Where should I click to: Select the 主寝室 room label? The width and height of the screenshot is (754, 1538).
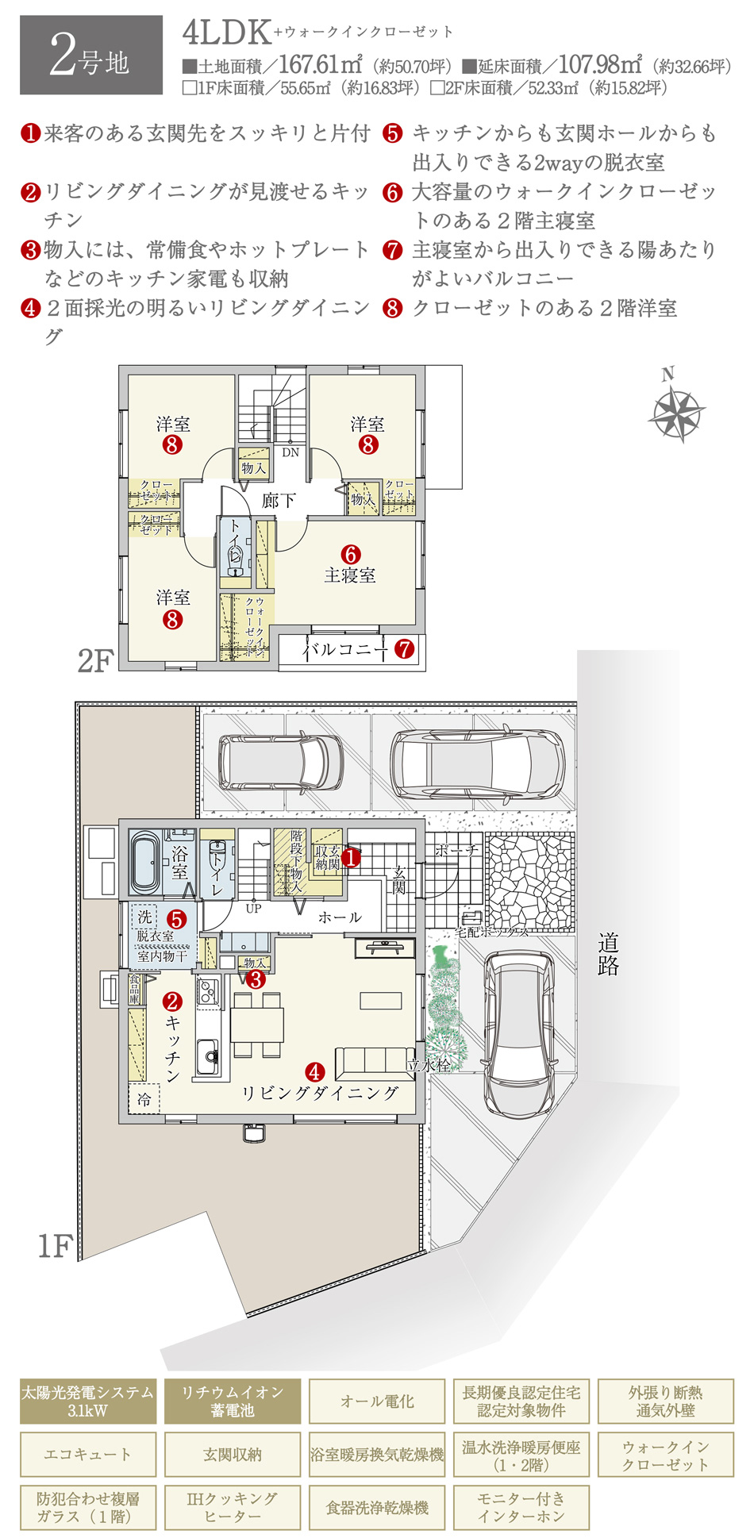[350, 575]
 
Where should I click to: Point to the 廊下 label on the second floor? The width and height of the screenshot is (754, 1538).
[279, 500]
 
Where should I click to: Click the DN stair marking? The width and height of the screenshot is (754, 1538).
[290, 452]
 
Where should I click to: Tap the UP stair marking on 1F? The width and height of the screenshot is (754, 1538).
[253, 909]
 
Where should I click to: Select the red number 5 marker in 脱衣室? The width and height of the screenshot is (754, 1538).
[176, 919]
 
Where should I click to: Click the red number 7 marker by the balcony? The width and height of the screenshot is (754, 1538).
[405, 649]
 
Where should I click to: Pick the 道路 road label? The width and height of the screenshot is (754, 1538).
[608, 954]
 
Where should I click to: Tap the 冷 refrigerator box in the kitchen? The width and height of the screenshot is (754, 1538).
[144, 1099]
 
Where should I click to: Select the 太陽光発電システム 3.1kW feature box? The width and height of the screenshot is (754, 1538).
[88, 1401]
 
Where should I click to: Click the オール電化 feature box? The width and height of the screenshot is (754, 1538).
[377, 1401]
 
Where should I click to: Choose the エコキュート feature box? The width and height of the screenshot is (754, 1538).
[88, 1454]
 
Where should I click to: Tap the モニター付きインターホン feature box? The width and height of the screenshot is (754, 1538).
[521, 1507]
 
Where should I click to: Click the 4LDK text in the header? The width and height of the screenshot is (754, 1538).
[227, 33]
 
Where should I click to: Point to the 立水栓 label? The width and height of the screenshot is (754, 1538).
[429, 1066]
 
